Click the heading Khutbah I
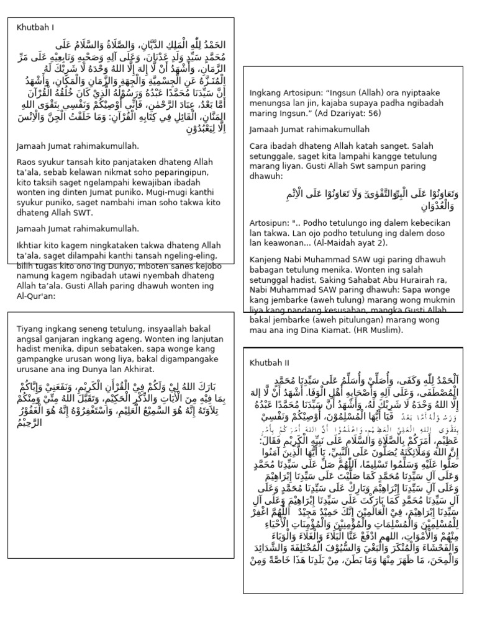tap(35, 27)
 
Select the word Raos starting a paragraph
tap(27, 162)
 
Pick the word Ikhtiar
tap(30, 246)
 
